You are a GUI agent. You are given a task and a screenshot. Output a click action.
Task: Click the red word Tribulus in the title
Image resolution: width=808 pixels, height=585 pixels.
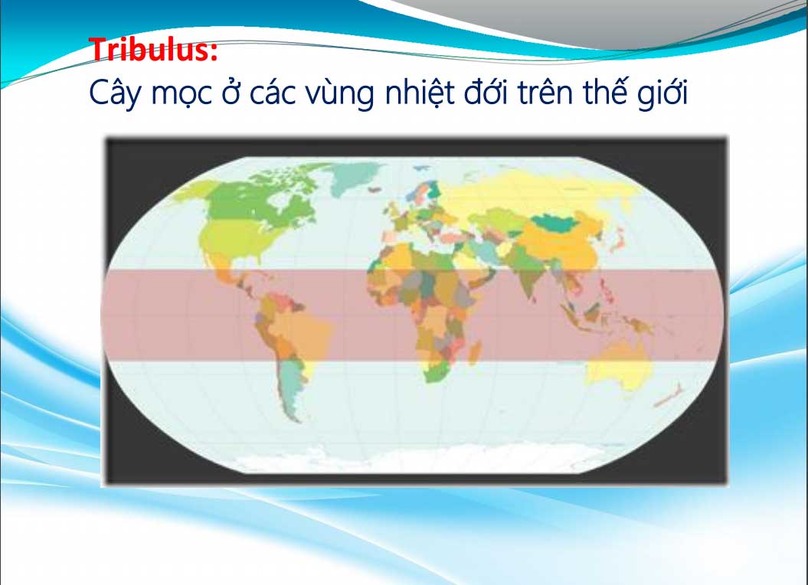point(148,50)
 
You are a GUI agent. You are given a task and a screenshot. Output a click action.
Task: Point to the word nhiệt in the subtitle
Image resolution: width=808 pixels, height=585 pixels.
point(420,93)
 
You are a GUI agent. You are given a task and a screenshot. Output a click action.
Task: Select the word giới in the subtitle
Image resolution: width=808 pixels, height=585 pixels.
point(662,93)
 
